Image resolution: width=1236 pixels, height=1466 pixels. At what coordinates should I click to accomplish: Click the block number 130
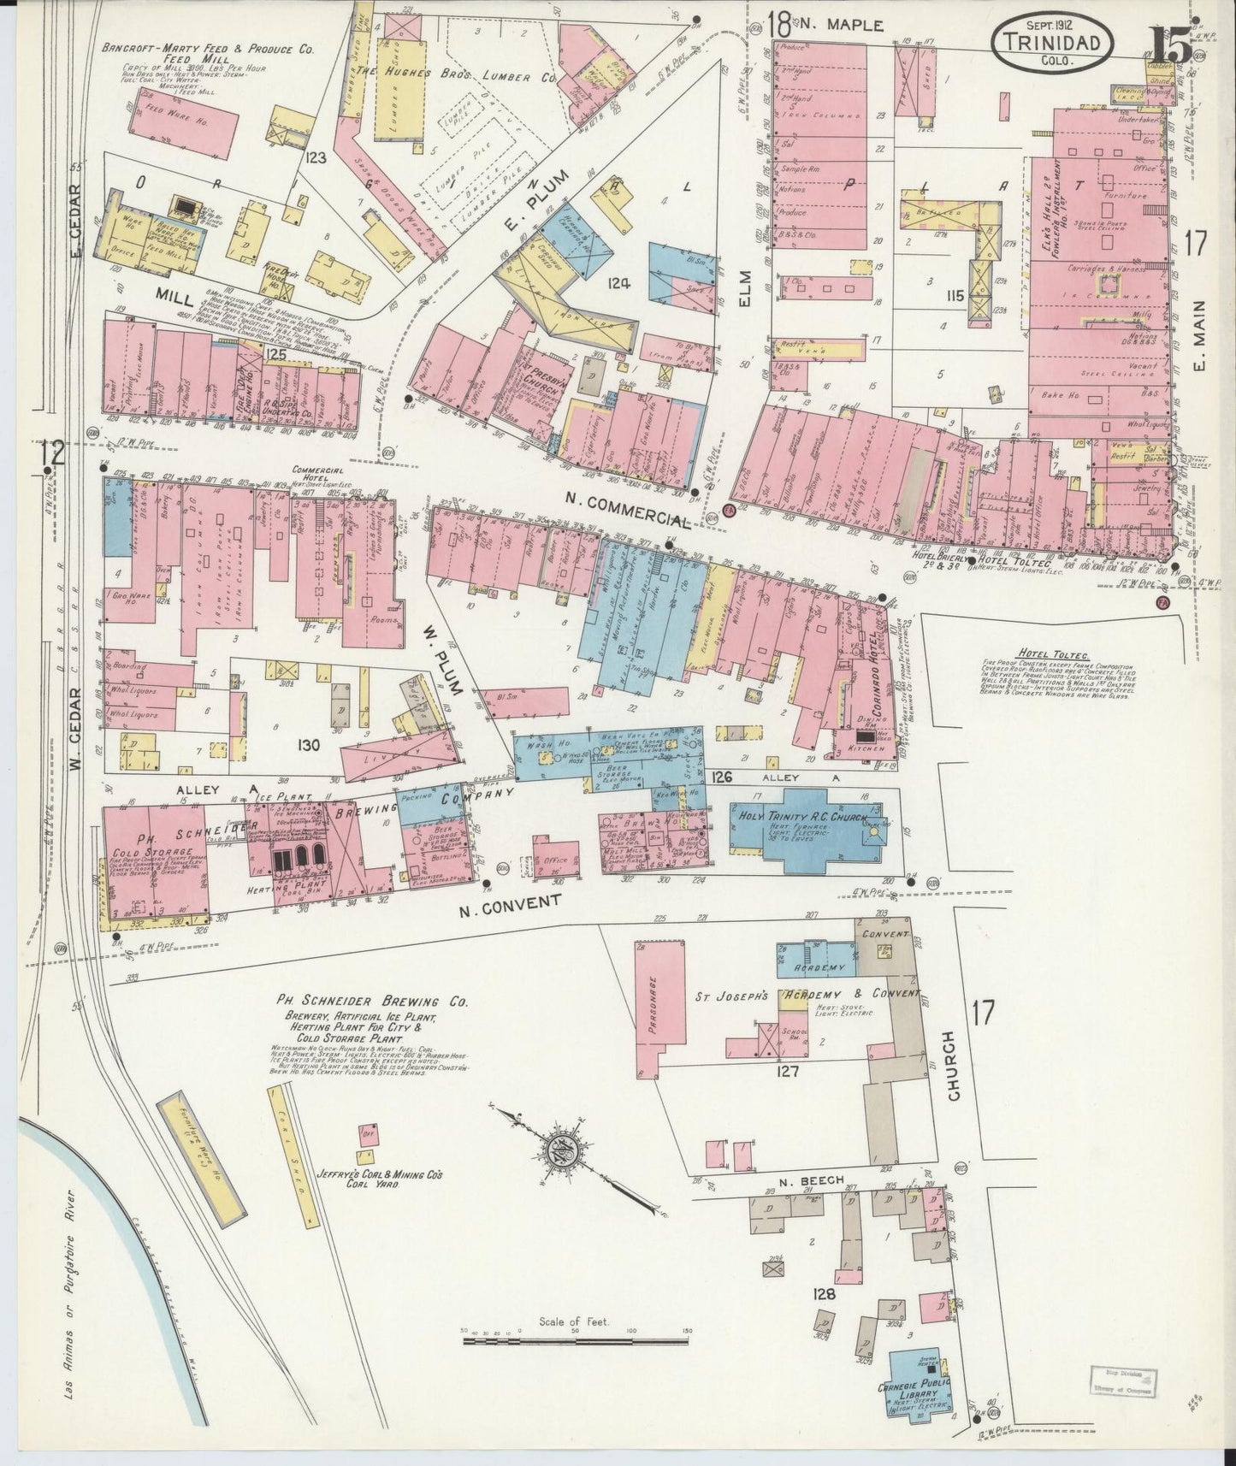click(x=307, y=745)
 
